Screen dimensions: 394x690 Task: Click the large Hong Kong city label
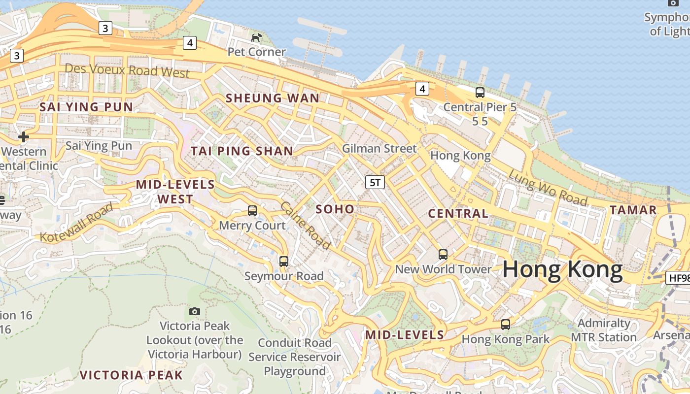562,270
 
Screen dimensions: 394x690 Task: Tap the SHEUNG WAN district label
273,98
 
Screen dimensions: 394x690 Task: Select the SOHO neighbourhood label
335,209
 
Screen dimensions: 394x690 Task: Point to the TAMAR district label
633,210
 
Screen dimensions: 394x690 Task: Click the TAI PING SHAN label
242,151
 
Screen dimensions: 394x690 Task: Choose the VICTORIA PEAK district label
131,375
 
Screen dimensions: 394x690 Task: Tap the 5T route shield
375,183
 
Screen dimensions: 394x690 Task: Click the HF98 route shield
679,278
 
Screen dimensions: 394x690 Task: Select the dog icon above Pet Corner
257,37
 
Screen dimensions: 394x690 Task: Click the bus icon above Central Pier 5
480,92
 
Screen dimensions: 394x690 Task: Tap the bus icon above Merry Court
252,211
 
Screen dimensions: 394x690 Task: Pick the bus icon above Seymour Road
284,262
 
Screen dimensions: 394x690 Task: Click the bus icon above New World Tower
443,255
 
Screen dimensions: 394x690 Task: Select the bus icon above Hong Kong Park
506,325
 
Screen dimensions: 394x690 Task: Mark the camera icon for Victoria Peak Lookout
195,311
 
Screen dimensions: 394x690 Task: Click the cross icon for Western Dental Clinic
23,136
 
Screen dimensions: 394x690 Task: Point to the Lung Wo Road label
548,188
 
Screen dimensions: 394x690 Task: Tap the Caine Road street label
305,225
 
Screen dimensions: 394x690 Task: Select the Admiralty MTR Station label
604,330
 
